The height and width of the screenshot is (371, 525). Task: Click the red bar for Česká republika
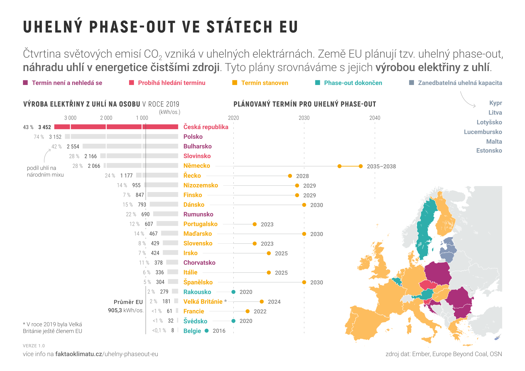[x=116, y=127]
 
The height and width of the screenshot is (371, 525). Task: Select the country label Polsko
[x=193, y=137]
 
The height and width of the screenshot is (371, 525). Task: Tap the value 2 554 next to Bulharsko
[x=73, y=147]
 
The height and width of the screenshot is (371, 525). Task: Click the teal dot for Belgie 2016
[x=207, y=331]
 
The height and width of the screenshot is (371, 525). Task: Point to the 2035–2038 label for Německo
[x=381, y=166]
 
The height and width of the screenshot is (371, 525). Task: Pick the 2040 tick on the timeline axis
[x=375, y=118]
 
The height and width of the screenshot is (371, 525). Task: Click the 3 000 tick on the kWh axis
[x=70, y=118]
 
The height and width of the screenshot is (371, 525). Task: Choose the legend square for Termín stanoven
[x=235, y=83]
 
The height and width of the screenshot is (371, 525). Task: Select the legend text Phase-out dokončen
[x=353, y=83]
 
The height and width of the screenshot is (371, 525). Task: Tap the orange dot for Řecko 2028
[x=290, y=176]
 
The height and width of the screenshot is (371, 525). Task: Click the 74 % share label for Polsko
[x=39, y=137]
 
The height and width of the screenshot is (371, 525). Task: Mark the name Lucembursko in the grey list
[x=483, y=132]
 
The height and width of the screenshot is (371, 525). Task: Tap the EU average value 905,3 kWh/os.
[x=126, y=310]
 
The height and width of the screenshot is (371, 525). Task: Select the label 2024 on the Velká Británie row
[x=274, y=302]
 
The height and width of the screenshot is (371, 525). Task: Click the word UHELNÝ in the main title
[x=53, y=27]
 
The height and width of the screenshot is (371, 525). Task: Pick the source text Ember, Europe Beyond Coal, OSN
[x=457, y=354]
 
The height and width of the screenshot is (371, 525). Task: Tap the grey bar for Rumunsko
[x=166, y=214]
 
